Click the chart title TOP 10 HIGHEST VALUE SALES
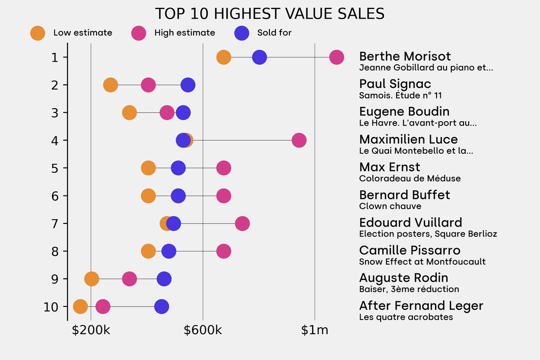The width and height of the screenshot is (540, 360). click(269, 14)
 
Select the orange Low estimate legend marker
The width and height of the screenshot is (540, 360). click(38, 33)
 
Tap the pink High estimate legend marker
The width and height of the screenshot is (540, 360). click(139, 33)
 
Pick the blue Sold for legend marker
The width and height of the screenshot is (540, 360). click(242, 33)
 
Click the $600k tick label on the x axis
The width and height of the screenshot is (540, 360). click(202, 330)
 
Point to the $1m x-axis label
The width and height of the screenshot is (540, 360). click(314, 330)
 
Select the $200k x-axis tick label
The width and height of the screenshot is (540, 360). click(91, 330)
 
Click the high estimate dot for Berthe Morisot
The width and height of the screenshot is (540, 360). click(336, 57)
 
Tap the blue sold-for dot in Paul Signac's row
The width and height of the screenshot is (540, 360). click(188, 85)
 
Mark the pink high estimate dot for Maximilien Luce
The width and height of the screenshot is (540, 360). click(299, 140)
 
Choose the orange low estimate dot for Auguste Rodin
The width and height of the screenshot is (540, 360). click(91, 279)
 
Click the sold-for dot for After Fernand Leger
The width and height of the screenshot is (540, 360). click(161, 306)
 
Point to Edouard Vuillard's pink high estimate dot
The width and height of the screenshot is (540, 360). click(242, 223)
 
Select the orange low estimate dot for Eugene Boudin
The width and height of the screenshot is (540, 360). click(129, 112)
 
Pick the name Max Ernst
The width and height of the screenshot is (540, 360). click(389, 167)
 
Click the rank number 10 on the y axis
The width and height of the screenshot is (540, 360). click(52, 306)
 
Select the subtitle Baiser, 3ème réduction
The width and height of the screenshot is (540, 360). click(409, 289)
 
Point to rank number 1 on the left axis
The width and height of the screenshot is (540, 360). click(55, 57)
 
